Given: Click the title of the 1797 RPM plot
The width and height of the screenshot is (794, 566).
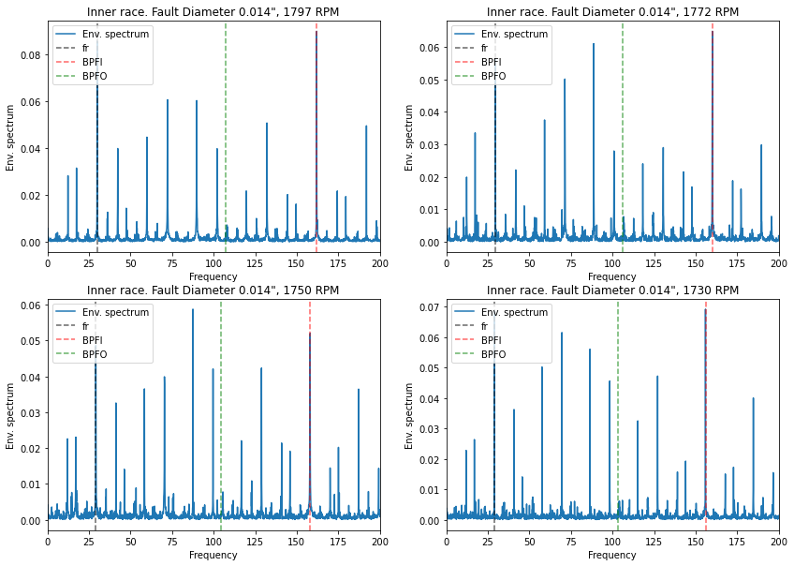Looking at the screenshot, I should [x=213, y=12].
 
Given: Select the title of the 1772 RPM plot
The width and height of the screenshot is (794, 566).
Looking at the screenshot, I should [x=612, y=12].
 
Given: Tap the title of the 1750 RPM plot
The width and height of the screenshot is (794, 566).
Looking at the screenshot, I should [x=213, y=290].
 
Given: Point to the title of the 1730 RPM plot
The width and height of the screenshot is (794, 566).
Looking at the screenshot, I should [x=612, y=290].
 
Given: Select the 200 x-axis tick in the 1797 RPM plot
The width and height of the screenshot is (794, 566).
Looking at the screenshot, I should [x=379, y=264].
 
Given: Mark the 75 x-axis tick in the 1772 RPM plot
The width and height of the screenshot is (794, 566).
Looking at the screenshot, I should [x=571, y=264].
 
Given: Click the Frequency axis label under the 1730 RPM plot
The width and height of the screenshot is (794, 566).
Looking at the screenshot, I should [x=612, y=555].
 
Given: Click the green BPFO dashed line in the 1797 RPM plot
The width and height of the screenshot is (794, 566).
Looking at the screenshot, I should [x=226, y=141].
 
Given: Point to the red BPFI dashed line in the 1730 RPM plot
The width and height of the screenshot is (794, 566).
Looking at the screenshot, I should [x=706, y=422].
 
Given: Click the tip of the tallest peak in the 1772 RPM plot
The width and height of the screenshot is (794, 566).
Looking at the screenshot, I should [x=713, y=32].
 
